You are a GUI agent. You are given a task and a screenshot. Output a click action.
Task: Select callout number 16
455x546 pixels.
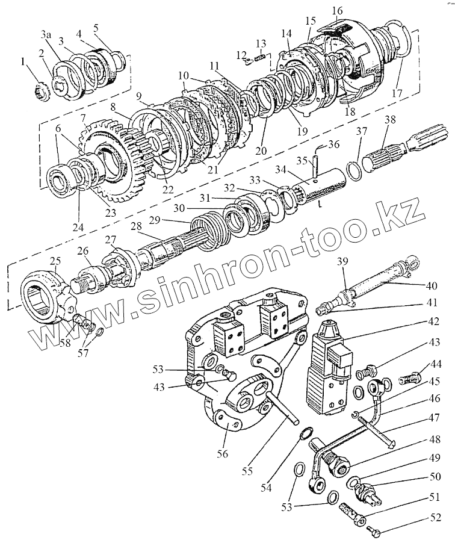pyautogui.click(x=336, y=10)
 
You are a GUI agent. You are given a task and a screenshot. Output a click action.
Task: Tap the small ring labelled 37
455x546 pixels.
pyautogui.click(x=356, y=169)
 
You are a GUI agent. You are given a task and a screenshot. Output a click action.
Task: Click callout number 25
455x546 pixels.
pyautogui.click(x=55, y=261)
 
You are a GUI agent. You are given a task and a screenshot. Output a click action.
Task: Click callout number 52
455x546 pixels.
pyautogui.click(x=435, y=517)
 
